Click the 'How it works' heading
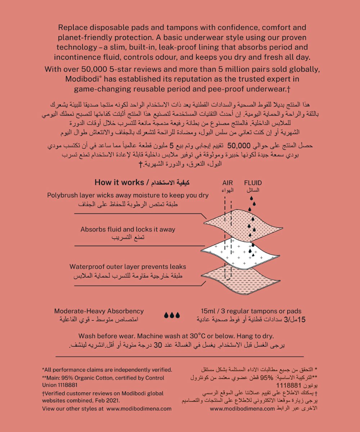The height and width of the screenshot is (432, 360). point(119,182)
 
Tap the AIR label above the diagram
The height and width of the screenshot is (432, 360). point(228,183)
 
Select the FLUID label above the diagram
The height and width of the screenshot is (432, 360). point(253,183)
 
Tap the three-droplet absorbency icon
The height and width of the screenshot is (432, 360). point(172,315)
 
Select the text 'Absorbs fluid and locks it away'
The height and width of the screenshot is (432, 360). point(128,229)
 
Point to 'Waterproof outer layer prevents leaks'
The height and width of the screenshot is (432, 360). point(128,267)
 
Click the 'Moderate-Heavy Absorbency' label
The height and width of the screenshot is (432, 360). point(99,311)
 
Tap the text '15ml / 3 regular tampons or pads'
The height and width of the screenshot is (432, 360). point(251,311)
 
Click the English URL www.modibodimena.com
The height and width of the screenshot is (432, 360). point(139,409)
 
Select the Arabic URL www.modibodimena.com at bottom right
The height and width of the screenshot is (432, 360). point(242,409)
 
